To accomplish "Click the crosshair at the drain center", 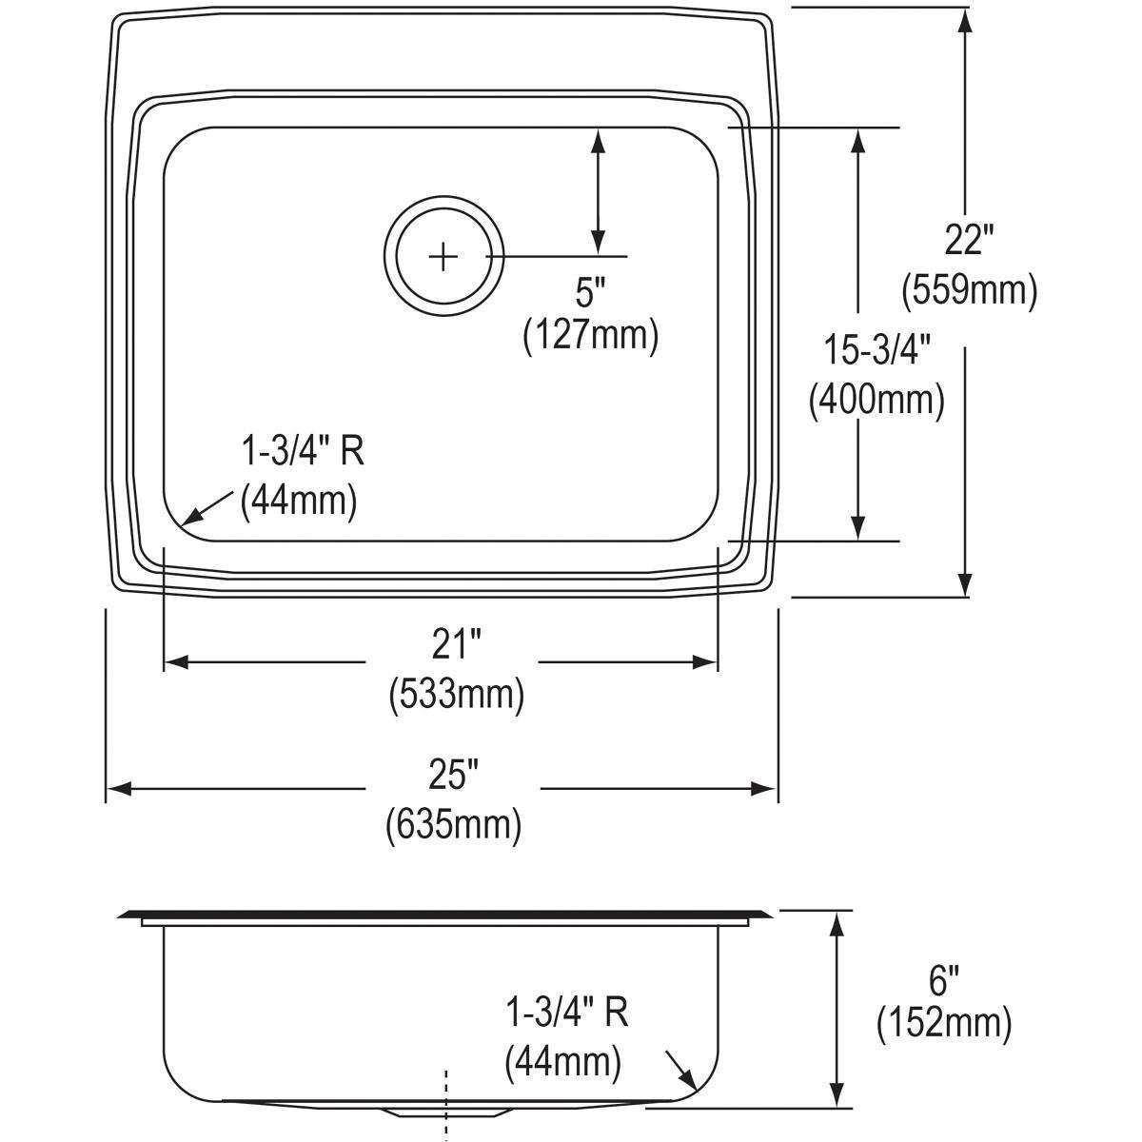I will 443,257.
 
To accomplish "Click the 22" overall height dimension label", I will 969,241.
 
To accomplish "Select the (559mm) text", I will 969,289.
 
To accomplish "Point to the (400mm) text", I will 876,400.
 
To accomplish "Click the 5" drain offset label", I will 590,292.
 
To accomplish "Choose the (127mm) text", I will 590,336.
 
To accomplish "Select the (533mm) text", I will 455,695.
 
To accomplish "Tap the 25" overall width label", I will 453,776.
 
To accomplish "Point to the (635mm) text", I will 453,824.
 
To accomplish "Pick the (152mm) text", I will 942,1023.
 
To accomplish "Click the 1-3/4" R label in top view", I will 302,452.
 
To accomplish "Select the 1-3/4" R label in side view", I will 565,1013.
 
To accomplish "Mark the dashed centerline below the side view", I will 445,1104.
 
